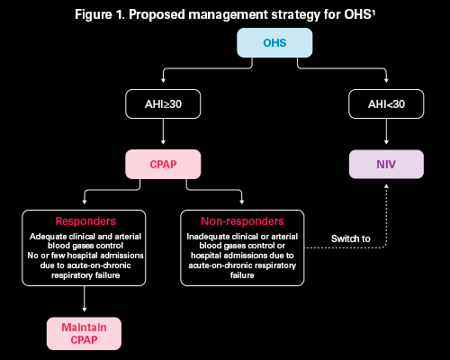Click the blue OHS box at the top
coord(274,43)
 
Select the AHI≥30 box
coord(163,103)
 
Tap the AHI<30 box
coord(386,103)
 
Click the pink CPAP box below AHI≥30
coord(163,164)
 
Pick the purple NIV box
coord(386,164)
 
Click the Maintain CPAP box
coord(84,333)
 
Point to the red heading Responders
coord(85,221)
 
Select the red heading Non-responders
coord(242,221)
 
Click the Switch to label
coord(350,238)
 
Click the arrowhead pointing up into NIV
coord(386,186)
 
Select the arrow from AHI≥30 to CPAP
coord(163,131)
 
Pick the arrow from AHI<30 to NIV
coord(386,131)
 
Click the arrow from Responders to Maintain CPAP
coord(85,299)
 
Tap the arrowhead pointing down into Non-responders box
coord(242,202)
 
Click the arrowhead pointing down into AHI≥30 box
coord(163,80)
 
